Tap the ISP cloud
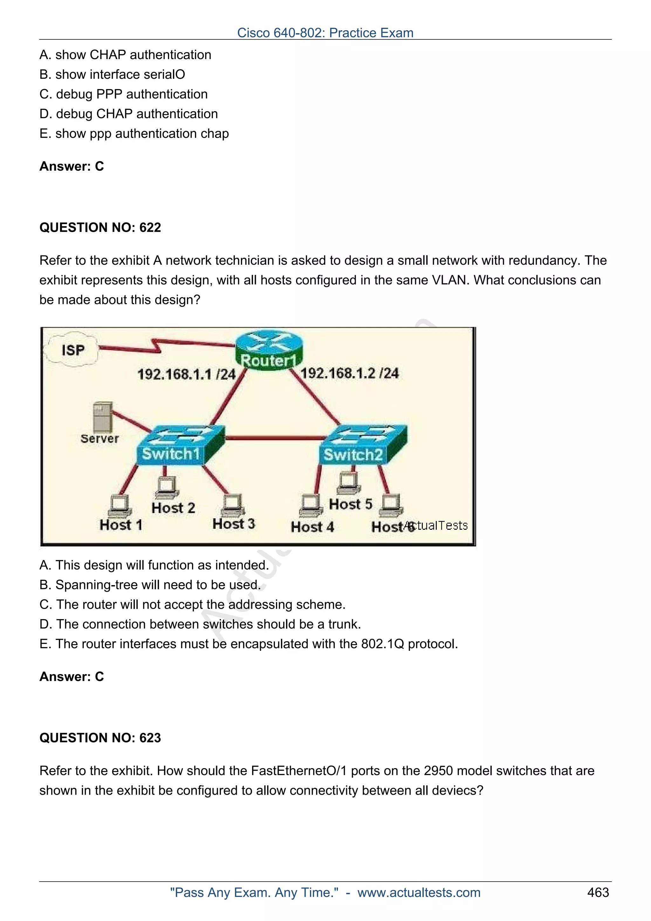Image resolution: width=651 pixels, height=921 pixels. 72,349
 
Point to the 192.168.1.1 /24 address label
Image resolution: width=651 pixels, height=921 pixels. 186,374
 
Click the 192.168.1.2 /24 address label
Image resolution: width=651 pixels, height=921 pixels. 349,373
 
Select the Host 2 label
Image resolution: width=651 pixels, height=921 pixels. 173,508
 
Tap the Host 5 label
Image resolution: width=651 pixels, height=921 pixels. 351,504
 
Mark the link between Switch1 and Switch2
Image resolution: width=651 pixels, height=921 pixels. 275,438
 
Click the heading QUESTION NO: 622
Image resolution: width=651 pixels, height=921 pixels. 100,228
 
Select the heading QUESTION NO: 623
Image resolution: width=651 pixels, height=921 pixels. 100,738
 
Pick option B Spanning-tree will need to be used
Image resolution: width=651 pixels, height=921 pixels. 150,584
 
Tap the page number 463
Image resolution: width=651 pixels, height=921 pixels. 598,892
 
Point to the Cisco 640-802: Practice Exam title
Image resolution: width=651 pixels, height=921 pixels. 325,32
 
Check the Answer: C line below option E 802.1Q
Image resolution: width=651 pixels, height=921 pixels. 72,677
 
